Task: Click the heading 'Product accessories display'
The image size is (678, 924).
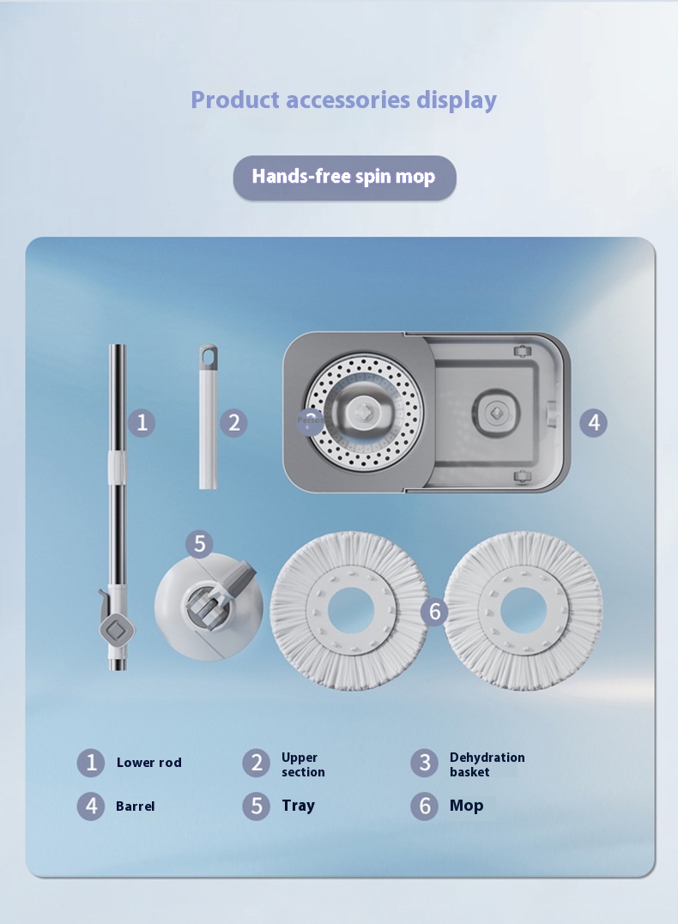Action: (x=343, y=100)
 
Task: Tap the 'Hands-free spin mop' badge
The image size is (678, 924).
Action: (x=344, y=177)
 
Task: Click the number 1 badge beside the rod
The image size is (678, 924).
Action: (x=142, y=422)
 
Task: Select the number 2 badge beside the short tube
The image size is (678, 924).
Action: (x=234, y=422)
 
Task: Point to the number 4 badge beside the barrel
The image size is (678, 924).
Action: (x=593, y=422)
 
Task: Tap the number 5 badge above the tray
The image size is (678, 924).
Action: (x=199, y=543)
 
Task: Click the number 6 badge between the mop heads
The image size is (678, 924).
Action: (x=434, y=611)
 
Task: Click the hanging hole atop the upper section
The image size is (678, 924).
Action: (x=208, y=354)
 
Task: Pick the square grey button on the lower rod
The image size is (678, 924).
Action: (x=118, y=630)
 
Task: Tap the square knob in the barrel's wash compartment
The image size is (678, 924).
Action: (x=496, y=414)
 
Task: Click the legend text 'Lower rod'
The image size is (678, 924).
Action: (x=149, y=763)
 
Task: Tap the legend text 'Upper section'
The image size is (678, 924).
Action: (x=303, y=764)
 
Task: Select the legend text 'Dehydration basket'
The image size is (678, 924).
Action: (x=487, y=764)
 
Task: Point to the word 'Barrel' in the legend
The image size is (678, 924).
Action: (x=136, y=806)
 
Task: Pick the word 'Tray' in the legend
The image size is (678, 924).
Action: (x=299, y=806)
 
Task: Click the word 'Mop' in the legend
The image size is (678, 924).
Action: (x=466, y=806)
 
